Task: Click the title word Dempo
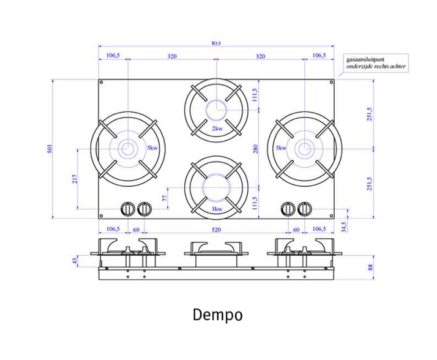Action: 217,315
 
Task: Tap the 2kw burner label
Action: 217,129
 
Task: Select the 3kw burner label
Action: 217,209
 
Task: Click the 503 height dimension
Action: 50,149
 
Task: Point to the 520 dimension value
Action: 216,230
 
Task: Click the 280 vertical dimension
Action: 256,149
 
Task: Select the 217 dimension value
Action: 75,179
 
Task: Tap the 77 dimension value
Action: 165,198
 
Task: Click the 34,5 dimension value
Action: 343,227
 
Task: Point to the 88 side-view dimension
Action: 370,267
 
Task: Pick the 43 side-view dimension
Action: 75,261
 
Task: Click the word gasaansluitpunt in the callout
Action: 365,59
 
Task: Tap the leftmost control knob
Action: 128,209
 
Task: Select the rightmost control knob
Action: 305,209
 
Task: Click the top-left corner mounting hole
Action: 102,82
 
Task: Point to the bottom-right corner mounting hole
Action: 331,216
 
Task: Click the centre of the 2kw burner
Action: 217,110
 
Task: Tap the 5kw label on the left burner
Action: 152,148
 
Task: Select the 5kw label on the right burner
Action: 281,148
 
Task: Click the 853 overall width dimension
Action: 216,43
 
